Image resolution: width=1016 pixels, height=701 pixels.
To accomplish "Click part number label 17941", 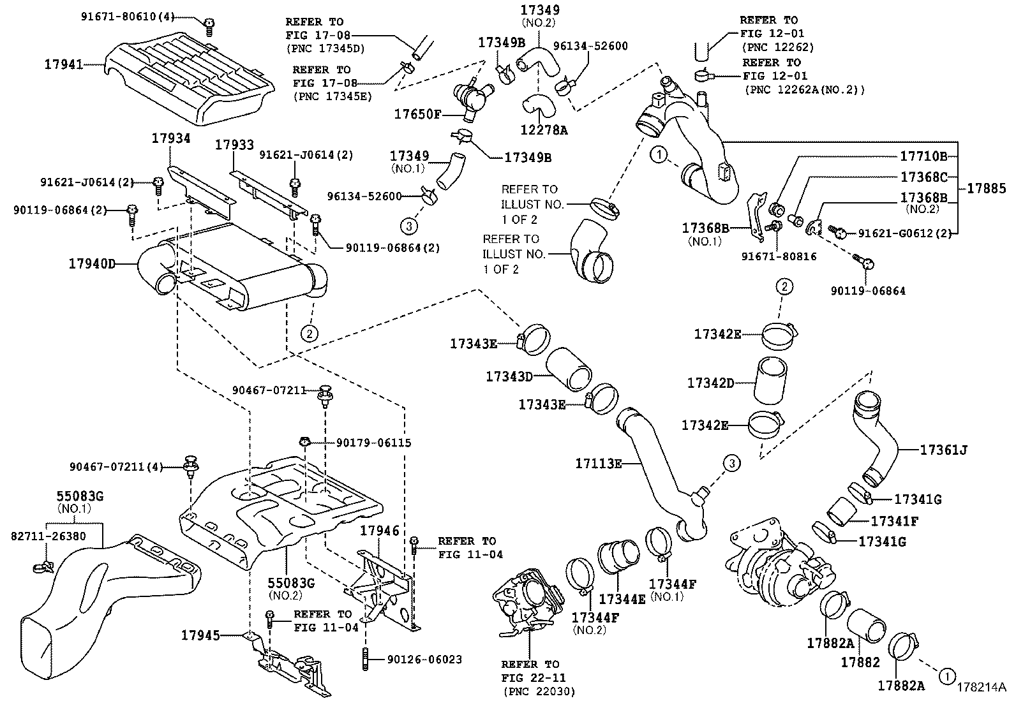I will (x=64, y=64).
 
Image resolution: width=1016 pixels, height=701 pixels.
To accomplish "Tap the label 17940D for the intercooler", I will (x=93, y=263).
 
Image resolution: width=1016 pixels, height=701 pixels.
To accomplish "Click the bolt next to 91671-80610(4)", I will (x=209, y=26).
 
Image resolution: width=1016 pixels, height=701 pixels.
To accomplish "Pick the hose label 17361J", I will (x=943, y=450).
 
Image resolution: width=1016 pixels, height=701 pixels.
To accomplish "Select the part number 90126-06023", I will (x=424, y=660).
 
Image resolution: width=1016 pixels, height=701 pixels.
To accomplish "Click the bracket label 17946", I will (x=379, y=531).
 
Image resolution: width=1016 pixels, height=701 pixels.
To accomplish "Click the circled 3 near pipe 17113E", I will (x=731, y=463).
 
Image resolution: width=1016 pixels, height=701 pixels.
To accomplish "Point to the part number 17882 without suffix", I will (x=860, y=663).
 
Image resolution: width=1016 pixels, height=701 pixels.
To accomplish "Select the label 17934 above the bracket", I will (x=171, y=138).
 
